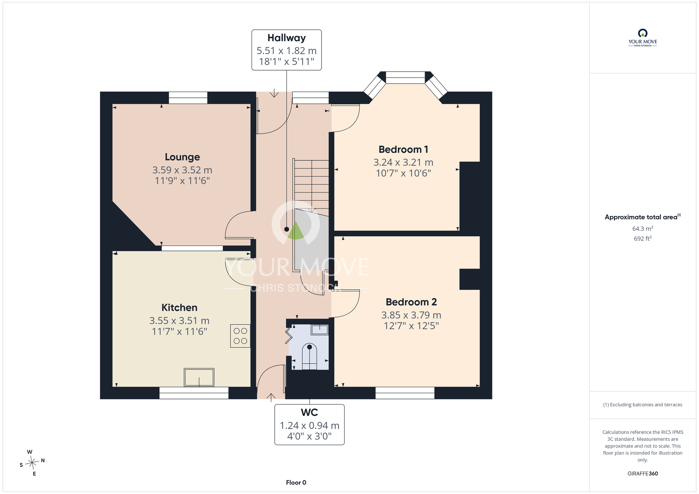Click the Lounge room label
[x=182, y=157]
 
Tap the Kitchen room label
[x=179, y=307]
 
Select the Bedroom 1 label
[x=403, y=150]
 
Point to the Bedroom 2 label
[x=411, y=302]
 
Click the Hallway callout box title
[x=287, y=38]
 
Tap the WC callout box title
[x=309, y=412]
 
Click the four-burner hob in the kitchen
[x=240, y=336]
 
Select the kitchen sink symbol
[x=199, y=377]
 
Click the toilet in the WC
[x=309, y=356]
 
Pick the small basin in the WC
[x=319, y=329]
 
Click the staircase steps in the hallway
[x=311, y=184]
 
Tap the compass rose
[x=32, y=463]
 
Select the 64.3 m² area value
[x=642, y=228]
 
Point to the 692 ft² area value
[x=642, y=239]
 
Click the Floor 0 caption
[x=296, y=482]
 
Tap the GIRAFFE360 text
[x=642, y=474]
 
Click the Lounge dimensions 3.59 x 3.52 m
[x=182, y=170]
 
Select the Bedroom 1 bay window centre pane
[x=405, y=78]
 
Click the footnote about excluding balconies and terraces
[x=642, y=405]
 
